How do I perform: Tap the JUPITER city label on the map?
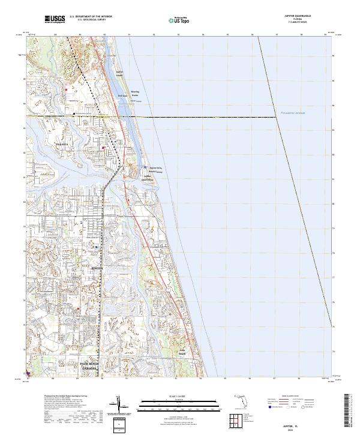click(98, 268)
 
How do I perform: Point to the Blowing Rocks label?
click(134, 94)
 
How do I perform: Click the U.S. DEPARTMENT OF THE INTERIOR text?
click(91, 17)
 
